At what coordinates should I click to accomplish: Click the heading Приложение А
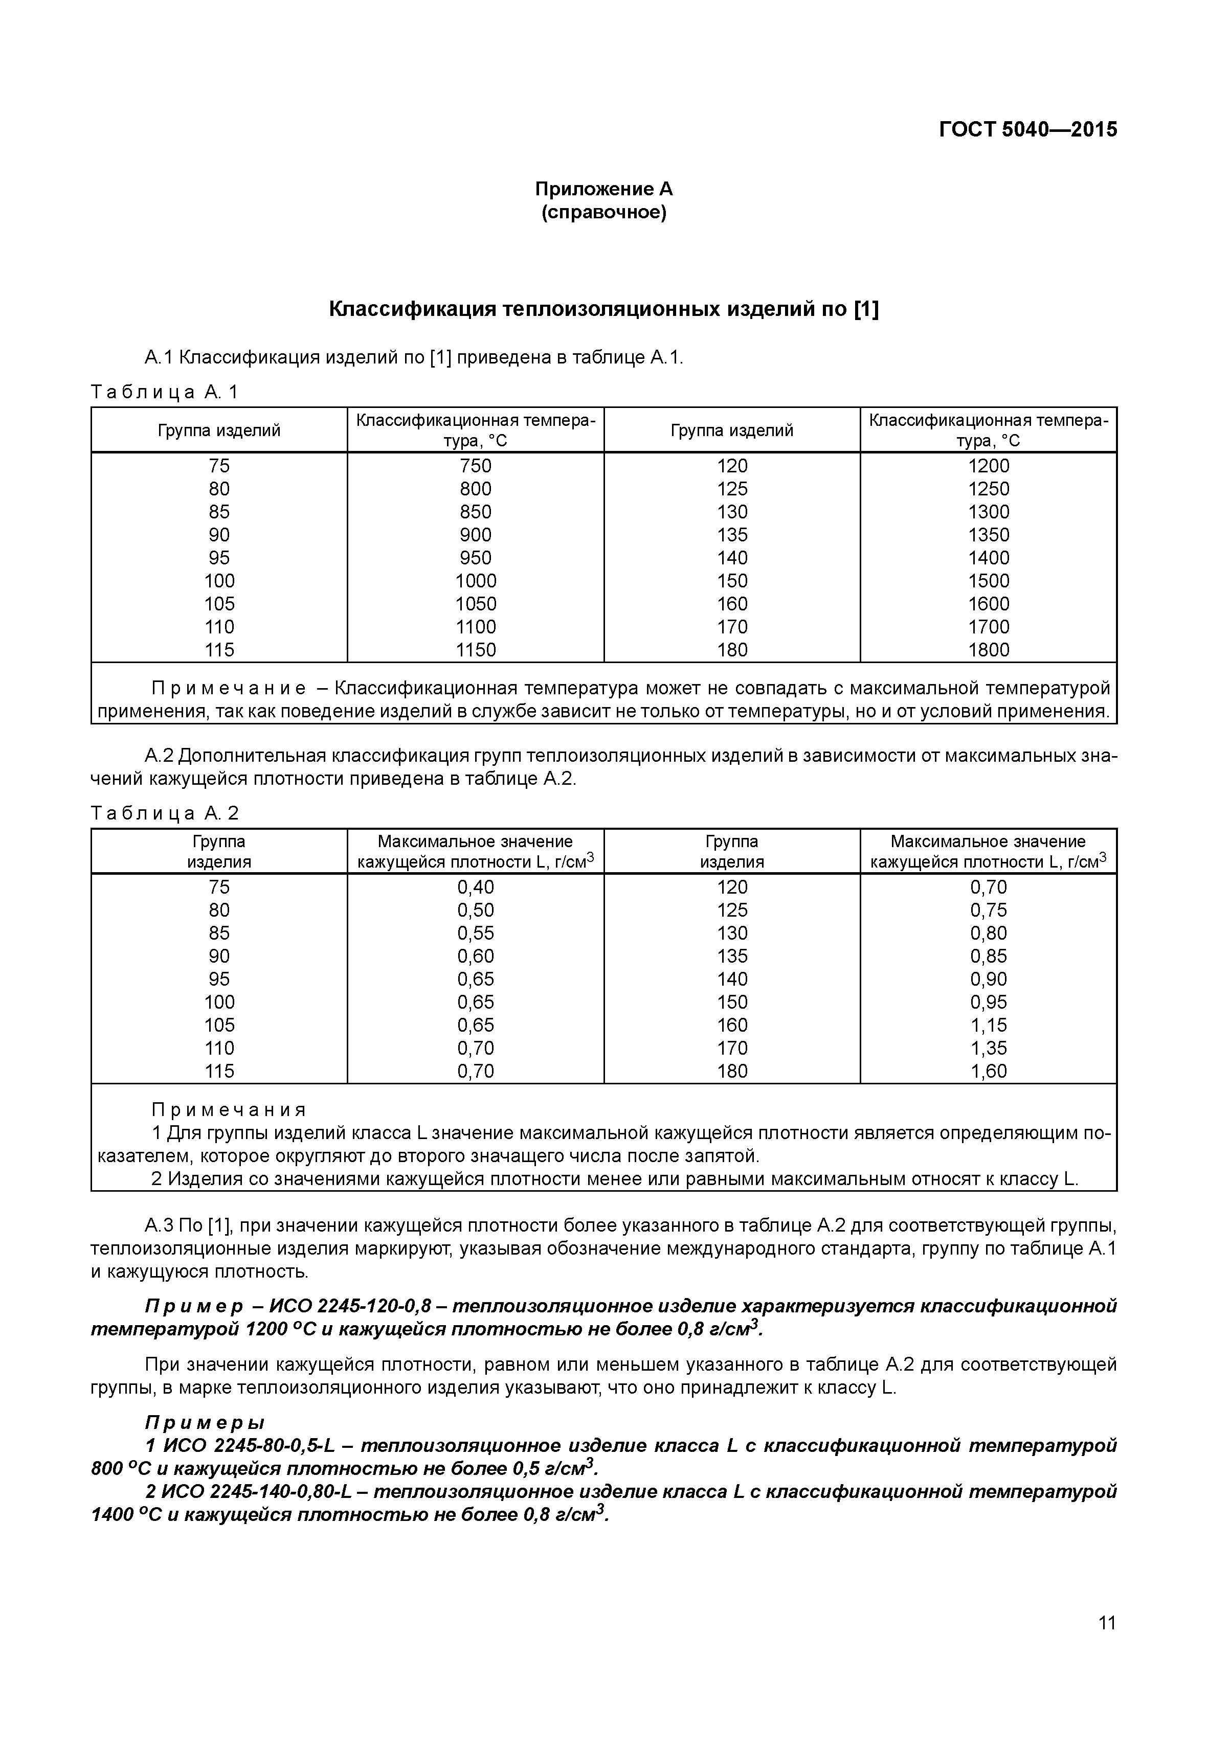603,189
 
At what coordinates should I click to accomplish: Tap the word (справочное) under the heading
603,213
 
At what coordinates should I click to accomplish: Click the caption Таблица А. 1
164,392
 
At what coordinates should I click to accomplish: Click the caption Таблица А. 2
164,813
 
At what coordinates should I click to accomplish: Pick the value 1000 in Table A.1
475,581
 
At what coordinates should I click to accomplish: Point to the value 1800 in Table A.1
989,650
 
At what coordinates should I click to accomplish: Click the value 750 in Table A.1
475,466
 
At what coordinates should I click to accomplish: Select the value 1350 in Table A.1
989,535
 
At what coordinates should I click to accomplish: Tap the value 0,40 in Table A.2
475,888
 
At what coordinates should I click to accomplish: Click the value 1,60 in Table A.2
989,1072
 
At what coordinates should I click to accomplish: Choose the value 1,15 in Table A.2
989,1026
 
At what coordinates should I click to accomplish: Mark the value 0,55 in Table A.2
475,933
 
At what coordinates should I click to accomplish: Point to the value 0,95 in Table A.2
989,1002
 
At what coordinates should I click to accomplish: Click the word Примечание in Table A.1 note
229,689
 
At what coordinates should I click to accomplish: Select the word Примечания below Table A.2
229,1110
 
